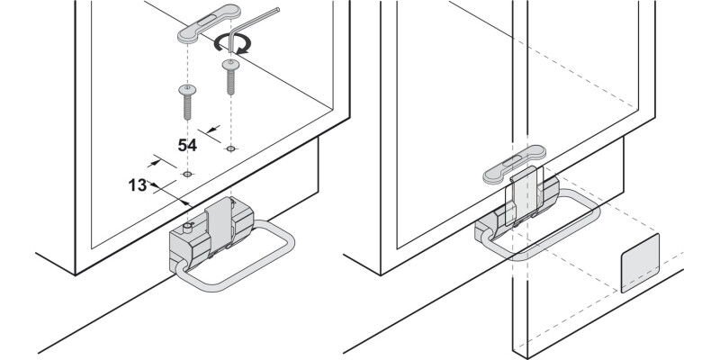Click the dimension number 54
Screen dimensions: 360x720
[187, 144]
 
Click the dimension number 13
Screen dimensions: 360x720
[137, 185]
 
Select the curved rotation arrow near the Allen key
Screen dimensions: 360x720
[238, 43]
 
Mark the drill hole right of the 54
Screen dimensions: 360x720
[231, 147]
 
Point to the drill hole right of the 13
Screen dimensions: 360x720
[187, 173]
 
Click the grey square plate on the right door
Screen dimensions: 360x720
[640, 263]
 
